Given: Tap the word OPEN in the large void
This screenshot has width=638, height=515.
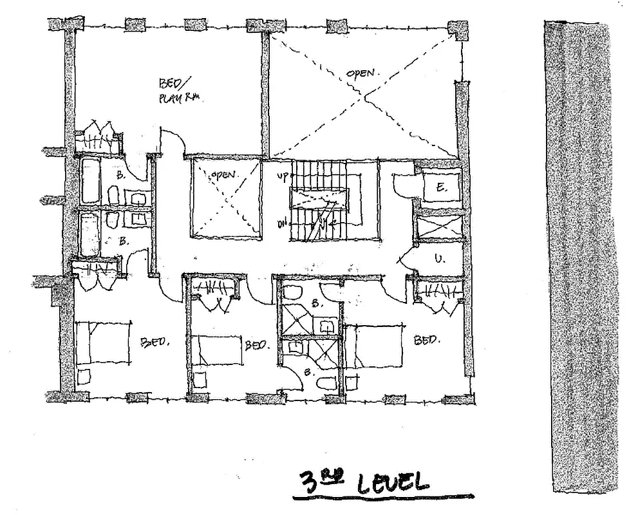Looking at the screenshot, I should pos(361,73).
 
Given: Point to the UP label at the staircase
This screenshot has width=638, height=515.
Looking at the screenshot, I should pos(282,175).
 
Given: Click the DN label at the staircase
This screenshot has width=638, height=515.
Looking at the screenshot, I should pos(282,223).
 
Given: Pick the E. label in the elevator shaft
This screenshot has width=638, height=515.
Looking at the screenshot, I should pos(442,187).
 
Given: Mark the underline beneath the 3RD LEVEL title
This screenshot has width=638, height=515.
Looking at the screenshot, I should pos(382,497).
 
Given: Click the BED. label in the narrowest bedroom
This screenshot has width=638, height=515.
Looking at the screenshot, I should pos(256,345).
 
